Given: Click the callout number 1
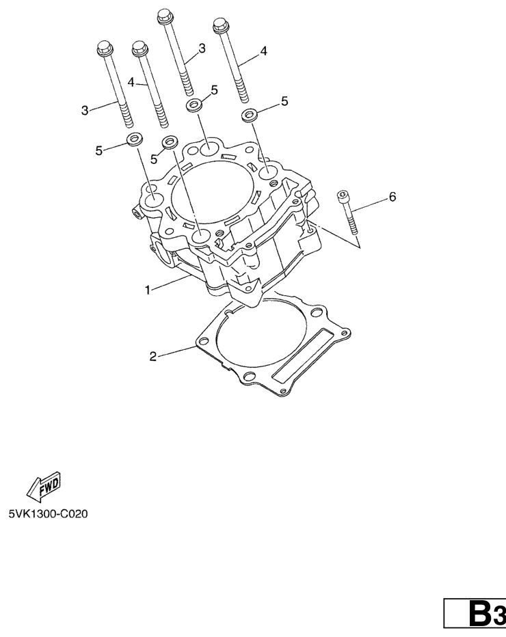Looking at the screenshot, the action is (x=148, y=290).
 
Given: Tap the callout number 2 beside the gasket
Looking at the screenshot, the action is (x=152, y=357).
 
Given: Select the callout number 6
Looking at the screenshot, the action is (x=392, y=197).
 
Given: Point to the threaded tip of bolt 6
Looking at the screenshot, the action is (x=354, y=229).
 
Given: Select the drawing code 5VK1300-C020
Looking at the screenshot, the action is (x=49, y=514).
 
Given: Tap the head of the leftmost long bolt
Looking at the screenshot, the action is (x=104, y=48).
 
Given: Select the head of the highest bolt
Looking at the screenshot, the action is (x=164, y=16).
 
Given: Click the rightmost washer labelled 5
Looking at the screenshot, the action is (x=249, y=115).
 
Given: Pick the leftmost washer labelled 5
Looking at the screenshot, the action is (x=135, y=139).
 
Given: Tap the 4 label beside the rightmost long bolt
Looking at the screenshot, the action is (x=263, y=51).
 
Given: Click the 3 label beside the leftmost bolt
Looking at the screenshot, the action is (x=85, y=110).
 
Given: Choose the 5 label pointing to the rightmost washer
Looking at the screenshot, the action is (x=284, y=101).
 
